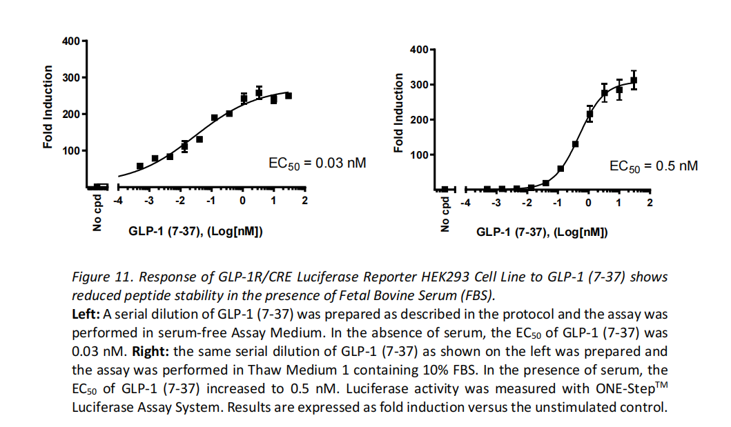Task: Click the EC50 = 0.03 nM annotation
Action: point(317,164)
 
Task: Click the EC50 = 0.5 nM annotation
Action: point(653,166)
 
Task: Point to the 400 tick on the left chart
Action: point(70,41)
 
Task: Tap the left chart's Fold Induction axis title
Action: point(48,106)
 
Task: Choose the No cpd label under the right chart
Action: point(445,216)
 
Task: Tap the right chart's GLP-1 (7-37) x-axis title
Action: point(542,232)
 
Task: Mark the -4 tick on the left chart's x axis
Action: point(118,201)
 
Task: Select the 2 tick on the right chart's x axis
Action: point(650,202)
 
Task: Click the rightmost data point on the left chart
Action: point(289,96)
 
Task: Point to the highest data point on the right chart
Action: point(634,80)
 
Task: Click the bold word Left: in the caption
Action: point(85,314)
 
